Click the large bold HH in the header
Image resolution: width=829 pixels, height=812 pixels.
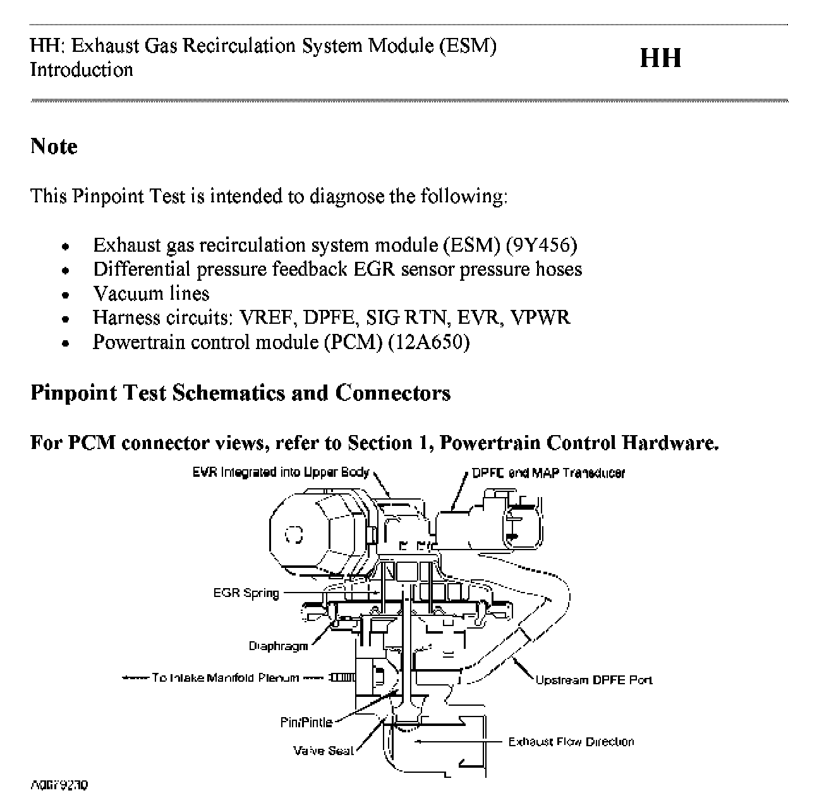(660, 58)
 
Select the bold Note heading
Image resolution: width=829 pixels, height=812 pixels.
(54, 147)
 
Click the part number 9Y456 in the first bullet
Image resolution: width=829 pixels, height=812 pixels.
(541, 245)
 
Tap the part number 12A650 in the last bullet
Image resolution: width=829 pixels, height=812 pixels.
(428, 342)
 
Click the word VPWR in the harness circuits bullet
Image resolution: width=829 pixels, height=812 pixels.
(542, 317)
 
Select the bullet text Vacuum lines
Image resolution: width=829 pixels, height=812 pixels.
(151, 293)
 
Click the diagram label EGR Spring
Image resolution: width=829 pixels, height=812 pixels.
(246, 593)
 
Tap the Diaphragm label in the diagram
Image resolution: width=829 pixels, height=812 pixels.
(278, 646)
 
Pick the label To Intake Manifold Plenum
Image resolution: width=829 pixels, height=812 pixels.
(226, 678)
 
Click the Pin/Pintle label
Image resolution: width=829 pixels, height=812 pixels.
(306, 722)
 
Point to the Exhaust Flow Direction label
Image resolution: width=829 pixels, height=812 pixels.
(571, 742)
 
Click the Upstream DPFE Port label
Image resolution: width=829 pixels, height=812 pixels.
(593, 680)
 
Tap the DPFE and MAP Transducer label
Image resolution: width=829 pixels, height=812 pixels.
(548, 473)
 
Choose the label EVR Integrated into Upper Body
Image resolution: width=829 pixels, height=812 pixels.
(281, 472)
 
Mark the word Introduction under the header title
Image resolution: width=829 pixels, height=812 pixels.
(82, 70)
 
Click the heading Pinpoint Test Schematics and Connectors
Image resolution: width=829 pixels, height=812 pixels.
(241, 393)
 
